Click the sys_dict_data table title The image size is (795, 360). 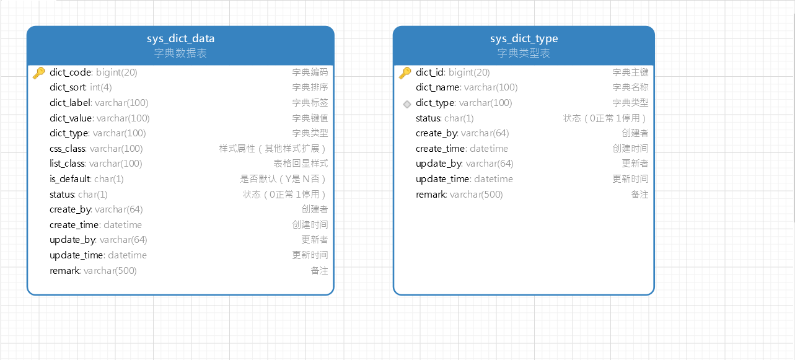pos(180,39)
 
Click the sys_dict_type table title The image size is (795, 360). pos(524,39)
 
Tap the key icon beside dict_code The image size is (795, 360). pos(38,72)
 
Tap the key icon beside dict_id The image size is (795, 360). pos(405,72)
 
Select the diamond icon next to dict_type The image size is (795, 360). pos(406,103)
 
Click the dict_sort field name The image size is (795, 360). pos(68,87)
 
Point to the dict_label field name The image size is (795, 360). pos(70,103)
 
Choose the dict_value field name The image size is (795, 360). pos(71,118)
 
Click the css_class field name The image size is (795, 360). pos(68,149)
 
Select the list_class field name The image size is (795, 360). pos(67,164)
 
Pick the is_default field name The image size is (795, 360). pos(70,179)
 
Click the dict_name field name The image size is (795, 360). pos(437,87)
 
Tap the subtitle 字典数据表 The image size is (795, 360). pos(180,53)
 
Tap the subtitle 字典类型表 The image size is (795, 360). pos(524,53)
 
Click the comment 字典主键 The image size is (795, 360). pos(630,72)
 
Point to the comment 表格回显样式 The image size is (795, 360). pos(301,164)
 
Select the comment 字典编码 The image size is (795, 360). pos(310,72)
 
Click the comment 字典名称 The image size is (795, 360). pos(630,87)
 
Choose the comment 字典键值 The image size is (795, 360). pos(310,118)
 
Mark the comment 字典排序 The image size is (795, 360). pos(310,87)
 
